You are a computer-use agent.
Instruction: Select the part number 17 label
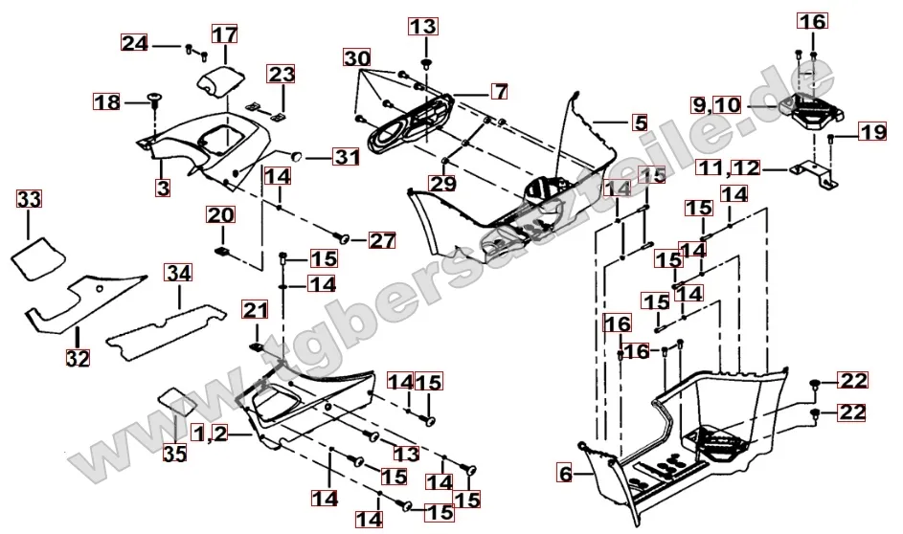(223, 35)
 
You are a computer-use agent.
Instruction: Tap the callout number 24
(134, 42)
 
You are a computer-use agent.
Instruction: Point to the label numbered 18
(106, 101)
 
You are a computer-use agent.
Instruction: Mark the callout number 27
(382, 240)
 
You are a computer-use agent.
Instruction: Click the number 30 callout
(358, 58)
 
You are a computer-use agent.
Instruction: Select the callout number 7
(499, 92)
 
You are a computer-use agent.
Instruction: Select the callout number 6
(564, 471)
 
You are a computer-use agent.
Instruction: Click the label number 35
(174, 454)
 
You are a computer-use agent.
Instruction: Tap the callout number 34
(178, 275)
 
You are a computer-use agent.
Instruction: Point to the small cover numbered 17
(220, 78)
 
